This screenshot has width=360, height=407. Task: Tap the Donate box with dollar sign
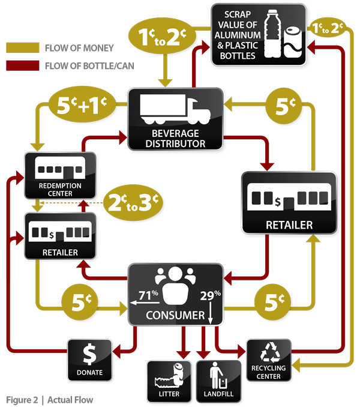tap(89, 360)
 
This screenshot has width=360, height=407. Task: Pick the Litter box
tap(170, 382)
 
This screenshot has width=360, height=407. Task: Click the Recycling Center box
tap(268, 360)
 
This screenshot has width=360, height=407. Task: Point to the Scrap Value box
tap(258, 35)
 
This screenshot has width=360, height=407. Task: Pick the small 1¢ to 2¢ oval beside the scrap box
tap(326, 28)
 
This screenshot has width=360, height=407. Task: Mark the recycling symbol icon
tap(268, 352)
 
